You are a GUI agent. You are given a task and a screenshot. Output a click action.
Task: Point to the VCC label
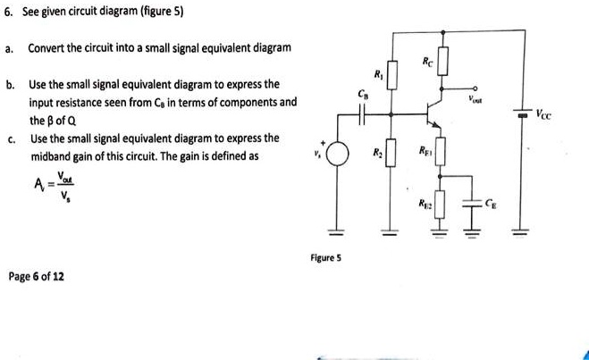click(x=546, y=115)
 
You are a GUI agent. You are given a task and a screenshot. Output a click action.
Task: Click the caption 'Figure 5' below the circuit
click(x=324, y=258)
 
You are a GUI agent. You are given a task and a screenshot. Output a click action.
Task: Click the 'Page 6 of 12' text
click(x=36, y=277)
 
